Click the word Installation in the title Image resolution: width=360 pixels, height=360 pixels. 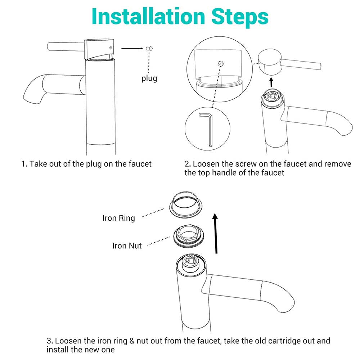pos(148,16)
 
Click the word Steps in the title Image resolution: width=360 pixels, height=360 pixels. pos(240,17)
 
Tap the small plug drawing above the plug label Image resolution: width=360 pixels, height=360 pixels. pos(149,49)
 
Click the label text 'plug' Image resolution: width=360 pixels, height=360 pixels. pos(149,78)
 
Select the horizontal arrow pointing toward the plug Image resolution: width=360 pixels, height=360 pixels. pos(132,48)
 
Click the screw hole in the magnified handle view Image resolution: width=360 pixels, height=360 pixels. pos(220,63)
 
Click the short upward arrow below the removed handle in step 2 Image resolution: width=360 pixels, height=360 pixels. pos(271,82)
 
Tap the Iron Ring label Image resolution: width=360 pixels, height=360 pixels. pos(118,218)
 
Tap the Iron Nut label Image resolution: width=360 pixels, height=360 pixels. pos(127,246)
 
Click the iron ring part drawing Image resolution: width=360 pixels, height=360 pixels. pos(186,205)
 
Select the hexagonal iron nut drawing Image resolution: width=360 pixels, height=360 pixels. pos(189,236)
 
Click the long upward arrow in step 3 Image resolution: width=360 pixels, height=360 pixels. pos(215,233)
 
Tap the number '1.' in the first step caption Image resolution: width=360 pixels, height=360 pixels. pos(24,164)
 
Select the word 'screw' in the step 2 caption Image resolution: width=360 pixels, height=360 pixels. pos(246,164)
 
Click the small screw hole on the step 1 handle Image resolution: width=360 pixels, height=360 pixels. pos(111,48)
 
